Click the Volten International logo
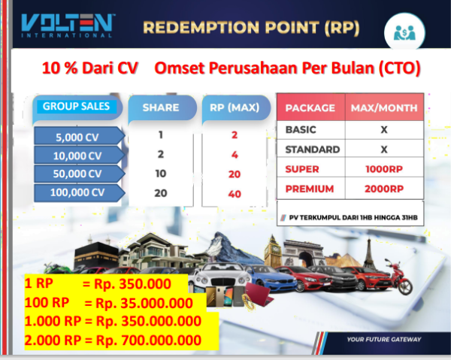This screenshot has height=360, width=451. tap(68, 26)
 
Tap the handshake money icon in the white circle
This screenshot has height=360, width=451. tap(404, 33)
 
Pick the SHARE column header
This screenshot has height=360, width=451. tap(161, 107)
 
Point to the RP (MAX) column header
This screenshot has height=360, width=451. tap(235, 107)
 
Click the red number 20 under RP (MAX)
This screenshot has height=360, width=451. tap(235, 174)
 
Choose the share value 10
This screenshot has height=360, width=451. tap(161, 174)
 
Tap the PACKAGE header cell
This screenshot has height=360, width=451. tap(310, 107)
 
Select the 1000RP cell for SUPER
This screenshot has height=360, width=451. tap(384, 169)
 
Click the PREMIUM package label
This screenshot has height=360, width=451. tap(310, 189)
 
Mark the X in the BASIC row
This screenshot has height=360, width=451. tap(384, 130)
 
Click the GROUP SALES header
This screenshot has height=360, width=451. tap(76, 107)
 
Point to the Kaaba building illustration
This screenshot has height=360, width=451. tap(96, 256)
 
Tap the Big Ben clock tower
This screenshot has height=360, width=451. tap(272, 250)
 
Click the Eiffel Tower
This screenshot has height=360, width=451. tap(369, 253)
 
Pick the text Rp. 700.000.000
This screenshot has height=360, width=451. tap(148, 340)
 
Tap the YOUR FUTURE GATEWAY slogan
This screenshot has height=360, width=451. tap(384, 339)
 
